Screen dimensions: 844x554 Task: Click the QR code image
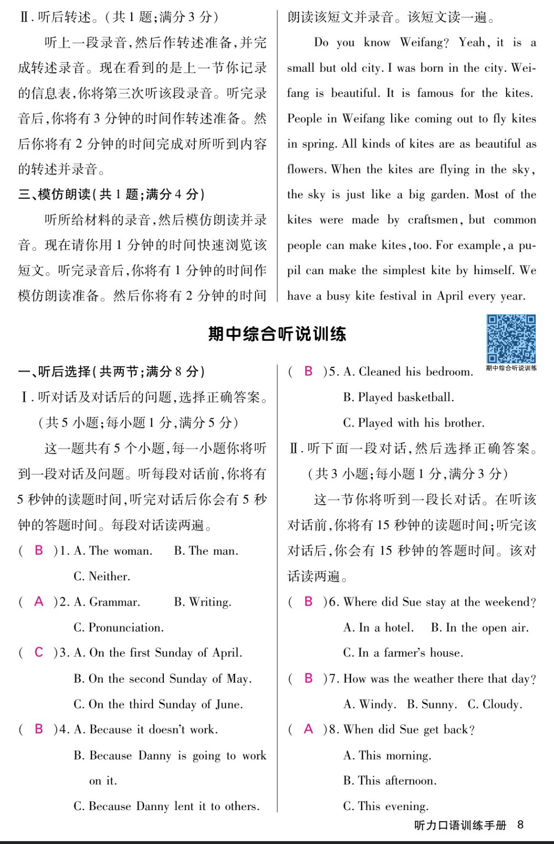pos(511,339)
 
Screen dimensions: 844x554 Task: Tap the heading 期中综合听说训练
pos(277,333)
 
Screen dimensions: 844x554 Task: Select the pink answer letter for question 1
pos(39,550)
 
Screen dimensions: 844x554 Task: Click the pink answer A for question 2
pos(39,601)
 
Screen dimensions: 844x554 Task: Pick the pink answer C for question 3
pos(39,652)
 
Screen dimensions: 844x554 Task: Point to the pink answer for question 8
pos(309,729)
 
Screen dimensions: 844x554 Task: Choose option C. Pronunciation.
pos(118,627)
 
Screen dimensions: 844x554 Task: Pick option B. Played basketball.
pos(398,397)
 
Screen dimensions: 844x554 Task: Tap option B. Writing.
pos(202,602)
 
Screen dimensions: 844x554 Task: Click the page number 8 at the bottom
pos(520,824)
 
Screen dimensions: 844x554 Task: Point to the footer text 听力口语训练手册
pos(460,825)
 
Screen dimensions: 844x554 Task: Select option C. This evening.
pos(386,806)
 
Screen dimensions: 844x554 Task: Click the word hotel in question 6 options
pos(399,627)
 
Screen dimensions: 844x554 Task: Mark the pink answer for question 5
pos(309,371)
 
